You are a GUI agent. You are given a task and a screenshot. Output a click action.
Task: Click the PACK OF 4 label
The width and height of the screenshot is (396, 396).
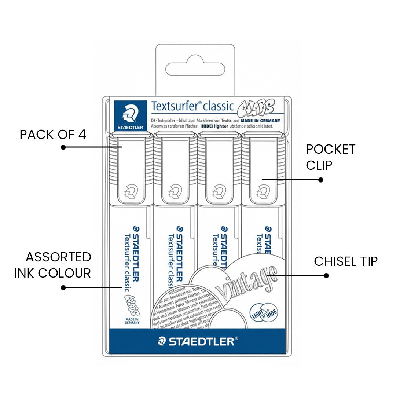point(53,135)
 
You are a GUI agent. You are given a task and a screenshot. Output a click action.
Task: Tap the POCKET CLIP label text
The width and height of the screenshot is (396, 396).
point(330,157)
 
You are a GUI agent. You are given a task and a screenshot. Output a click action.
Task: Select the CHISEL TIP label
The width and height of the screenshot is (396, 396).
point(345,261)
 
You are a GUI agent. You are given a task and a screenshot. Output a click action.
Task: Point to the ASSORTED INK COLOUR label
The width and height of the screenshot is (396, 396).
point(53,265)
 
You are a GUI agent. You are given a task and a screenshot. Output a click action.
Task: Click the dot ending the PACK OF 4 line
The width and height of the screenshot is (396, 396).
point(63,147)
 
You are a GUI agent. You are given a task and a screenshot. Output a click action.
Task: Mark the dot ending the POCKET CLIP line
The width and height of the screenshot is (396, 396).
point(320,180)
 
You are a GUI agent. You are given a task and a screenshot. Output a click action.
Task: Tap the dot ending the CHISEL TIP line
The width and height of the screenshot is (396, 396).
point(326,275)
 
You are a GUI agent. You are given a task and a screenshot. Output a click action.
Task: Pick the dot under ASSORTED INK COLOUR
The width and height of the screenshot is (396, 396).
point(63,287)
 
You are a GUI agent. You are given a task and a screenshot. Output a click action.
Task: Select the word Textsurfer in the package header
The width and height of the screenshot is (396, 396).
point(175,106)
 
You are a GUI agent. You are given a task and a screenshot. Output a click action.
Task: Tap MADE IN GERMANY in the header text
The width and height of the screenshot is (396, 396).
point(261,120)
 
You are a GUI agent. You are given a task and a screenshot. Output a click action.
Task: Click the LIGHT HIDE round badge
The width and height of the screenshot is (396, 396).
point(263,312)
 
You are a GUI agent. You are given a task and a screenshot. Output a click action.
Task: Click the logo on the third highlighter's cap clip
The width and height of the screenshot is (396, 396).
point(218,191)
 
